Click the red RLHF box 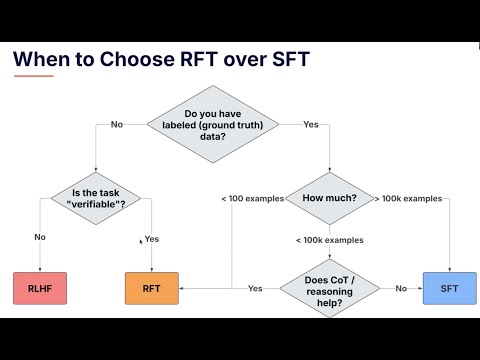point(39,288)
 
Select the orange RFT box point(151,288)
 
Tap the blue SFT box point(449,288)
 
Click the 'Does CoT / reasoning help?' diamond point(330,288)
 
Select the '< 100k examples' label point(330,240)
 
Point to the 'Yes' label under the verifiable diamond point(152,240)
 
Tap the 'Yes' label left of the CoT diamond point(255,288)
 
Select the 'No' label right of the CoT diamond point(400,288)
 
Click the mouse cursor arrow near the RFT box point(140,241)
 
